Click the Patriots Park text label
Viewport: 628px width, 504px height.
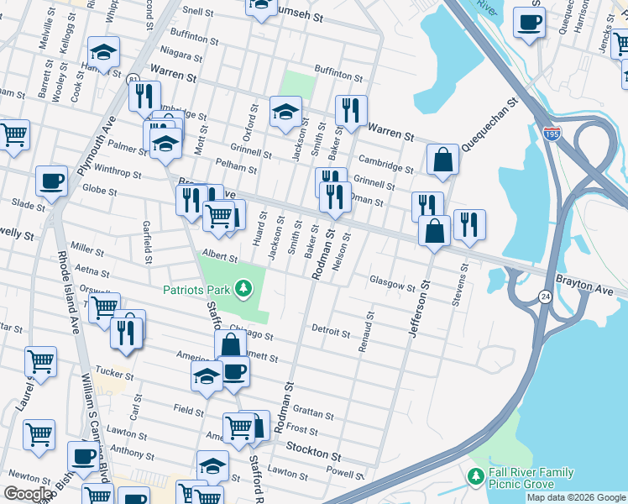coord(196,290)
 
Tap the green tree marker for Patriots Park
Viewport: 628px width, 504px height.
coord(244,290)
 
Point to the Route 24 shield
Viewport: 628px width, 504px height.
coord(545,297)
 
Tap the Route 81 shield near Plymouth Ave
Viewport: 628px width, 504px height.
coord(134,78)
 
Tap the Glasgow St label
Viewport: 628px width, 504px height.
coord(392,285)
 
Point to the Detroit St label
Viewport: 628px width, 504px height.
coord(330,332)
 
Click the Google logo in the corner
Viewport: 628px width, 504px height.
coord(28,493)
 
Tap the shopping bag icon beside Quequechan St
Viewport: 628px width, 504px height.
coord(442,160)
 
